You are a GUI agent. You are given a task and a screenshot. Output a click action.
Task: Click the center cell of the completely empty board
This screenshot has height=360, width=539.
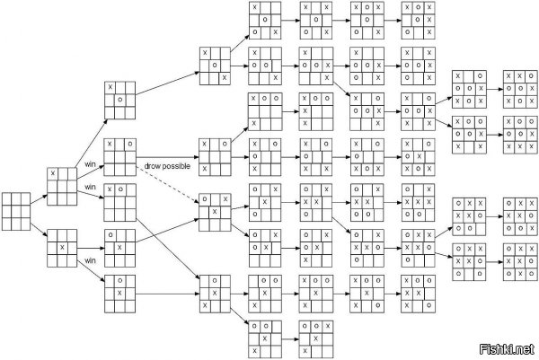(x=16, y=212)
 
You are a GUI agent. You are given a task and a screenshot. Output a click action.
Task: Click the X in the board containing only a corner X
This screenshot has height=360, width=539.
(x=53, y=173)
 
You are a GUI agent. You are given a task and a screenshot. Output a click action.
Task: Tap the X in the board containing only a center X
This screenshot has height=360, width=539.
(x=62, y=247)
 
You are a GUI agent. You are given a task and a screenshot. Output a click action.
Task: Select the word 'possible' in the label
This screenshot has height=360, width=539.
(x=176, y=167)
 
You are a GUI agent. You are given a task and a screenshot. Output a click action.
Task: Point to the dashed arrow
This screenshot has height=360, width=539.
(x=168, y=182)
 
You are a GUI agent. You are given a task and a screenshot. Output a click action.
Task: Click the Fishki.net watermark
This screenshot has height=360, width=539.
(x=508, y=349)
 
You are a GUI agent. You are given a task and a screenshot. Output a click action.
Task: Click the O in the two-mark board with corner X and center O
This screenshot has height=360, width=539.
(x=120, y=100)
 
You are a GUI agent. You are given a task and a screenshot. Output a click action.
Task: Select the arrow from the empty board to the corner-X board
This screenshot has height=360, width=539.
(x=39, y=200)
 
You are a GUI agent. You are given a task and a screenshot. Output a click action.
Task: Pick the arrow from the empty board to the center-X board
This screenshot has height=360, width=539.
(x=39, y=230)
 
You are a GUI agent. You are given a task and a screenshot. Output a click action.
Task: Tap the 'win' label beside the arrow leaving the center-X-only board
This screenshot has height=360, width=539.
(x=90, y=260)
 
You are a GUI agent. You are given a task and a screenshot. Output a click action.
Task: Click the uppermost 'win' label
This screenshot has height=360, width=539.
(x=90, y=164)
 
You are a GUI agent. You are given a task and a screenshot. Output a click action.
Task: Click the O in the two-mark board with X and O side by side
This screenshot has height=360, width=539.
(x=120, y=189)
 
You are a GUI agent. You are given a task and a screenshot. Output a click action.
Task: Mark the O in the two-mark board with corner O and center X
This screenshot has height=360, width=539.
(x=110, y=235)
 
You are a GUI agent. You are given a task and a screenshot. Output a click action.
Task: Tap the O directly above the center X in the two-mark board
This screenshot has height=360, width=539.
(x=120, y=281)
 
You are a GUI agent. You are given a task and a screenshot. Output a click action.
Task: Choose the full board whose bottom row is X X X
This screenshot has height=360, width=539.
(x=520, y=135)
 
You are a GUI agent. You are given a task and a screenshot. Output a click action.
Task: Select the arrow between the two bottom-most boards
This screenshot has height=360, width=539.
(x=290, y=339)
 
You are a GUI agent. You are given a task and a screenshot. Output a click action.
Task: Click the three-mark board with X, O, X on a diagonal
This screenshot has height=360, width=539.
(x=215, y=66)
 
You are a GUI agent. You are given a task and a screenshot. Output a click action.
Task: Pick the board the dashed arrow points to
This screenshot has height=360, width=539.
(x=215, y=212)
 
